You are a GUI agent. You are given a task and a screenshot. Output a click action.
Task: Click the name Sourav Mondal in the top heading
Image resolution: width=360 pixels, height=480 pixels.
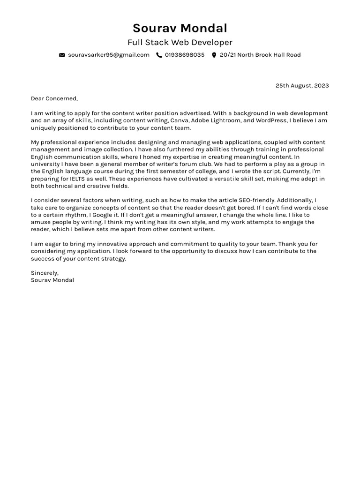point(180,28)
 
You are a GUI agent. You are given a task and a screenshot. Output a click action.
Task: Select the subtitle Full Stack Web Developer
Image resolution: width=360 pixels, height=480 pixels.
point(180,43)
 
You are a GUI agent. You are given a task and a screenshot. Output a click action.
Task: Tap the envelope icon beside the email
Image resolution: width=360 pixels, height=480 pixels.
point(62,55)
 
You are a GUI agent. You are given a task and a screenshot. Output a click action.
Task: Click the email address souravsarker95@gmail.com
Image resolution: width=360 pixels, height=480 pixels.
point(109,55)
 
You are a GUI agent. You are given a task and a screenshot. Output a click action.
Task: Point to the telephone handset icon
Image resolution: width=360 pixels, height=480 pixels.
point(159,55)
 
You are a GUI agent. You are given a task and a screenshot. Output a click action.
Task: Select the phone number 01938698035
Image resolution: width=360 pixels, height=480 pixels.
point(185,55)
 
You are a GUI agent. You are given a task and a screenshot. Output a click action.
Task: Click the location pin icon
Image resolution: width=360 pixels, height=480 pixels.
point(214,55)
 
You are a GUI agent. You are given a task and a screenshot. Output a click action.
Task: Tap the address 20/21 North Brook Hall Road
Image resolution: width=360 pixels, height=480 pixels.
point(260,55)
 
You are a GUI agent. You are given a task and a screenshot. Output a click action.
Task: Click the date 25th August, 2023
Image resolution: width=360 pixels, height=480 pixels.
point(302,85)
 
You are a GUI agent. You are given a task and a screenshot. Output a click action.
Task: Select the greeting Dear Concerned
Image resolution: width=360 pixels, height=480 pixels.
point(54,98)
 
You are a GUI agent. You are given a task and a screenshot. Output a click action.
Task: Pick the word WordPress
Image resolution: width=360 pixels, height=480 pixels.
point(271,120)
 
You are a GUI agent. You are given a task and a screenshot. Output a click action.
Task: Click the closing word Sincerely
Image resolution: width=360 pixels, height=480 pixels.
point(45,273)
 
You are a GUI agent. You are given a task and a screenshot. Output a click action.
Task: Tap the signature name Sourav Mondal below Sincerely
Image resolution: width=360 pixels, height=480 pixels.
point(52,280)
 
